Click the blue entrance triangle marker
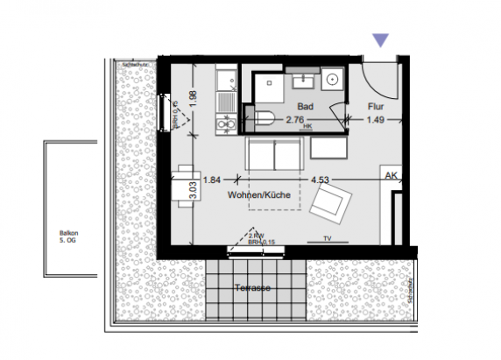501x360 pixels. coord(380,39)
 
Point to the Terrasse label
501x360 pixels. coord(252,287)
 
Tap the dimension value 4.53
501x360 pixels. coord(321,180)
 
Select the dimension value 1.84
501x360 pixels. coord(211,180)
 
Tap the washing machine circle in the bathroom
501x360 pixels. coord(332,80)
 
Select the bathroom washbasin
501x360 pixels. coord(305,81)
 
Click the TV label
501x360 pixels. coord(328,237)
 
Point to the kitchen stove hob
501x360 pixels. coord(224,126)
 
